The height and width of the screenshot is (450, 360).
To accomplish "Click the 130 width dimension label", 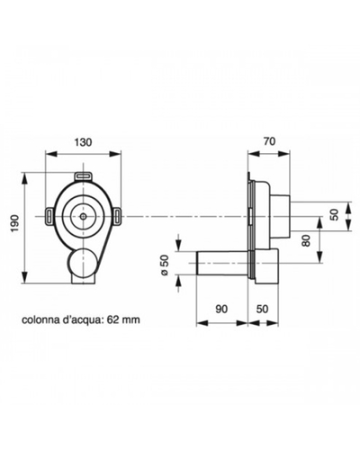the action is pyautogui.click(x=83, y=142).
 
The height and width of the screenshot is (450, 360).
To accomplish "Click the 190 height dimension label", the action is pyautogui.click(x=15, y=223).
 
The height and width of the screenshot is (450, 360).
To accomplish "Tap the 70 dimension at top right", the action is pyautogui.click(x=270, y=141).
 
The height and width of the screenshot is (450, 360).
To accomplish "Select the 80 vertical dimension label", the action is pyautogui.click(x=306, y=240).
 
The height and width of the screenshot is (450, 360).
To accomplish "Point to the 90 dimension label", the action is pyautogui.click(x=221, y=309).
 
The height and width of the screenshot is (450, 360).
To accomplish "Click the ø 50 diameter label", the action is pyautogui.click(x=165, y=265).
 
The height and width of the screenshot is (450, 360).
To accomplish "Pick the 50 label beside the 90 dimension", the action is pyautogui.click(x=262, y=309).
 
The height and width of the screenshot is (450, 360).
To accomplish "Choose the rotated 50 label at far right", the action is pyautogui.click(x=335, y=214).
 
